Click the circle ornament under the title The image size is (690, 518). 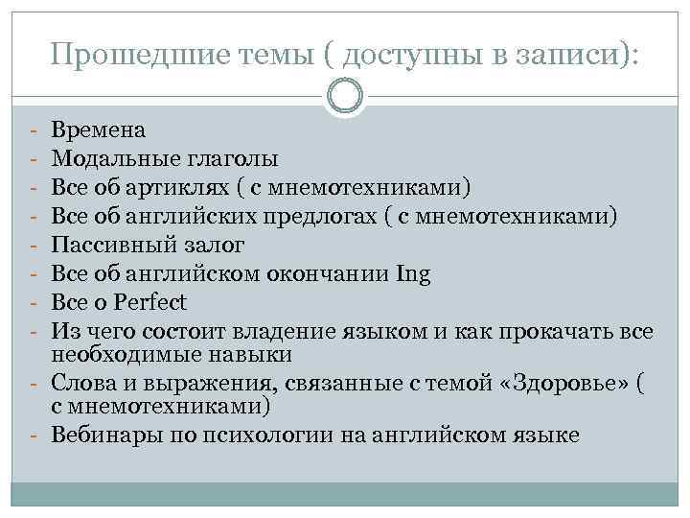coord(345,95)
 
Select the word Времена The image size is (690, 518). coord(99,129)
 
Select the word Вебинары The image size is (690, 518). coord(104,436)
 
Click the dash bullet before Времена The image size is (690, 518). coord(33,129)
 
